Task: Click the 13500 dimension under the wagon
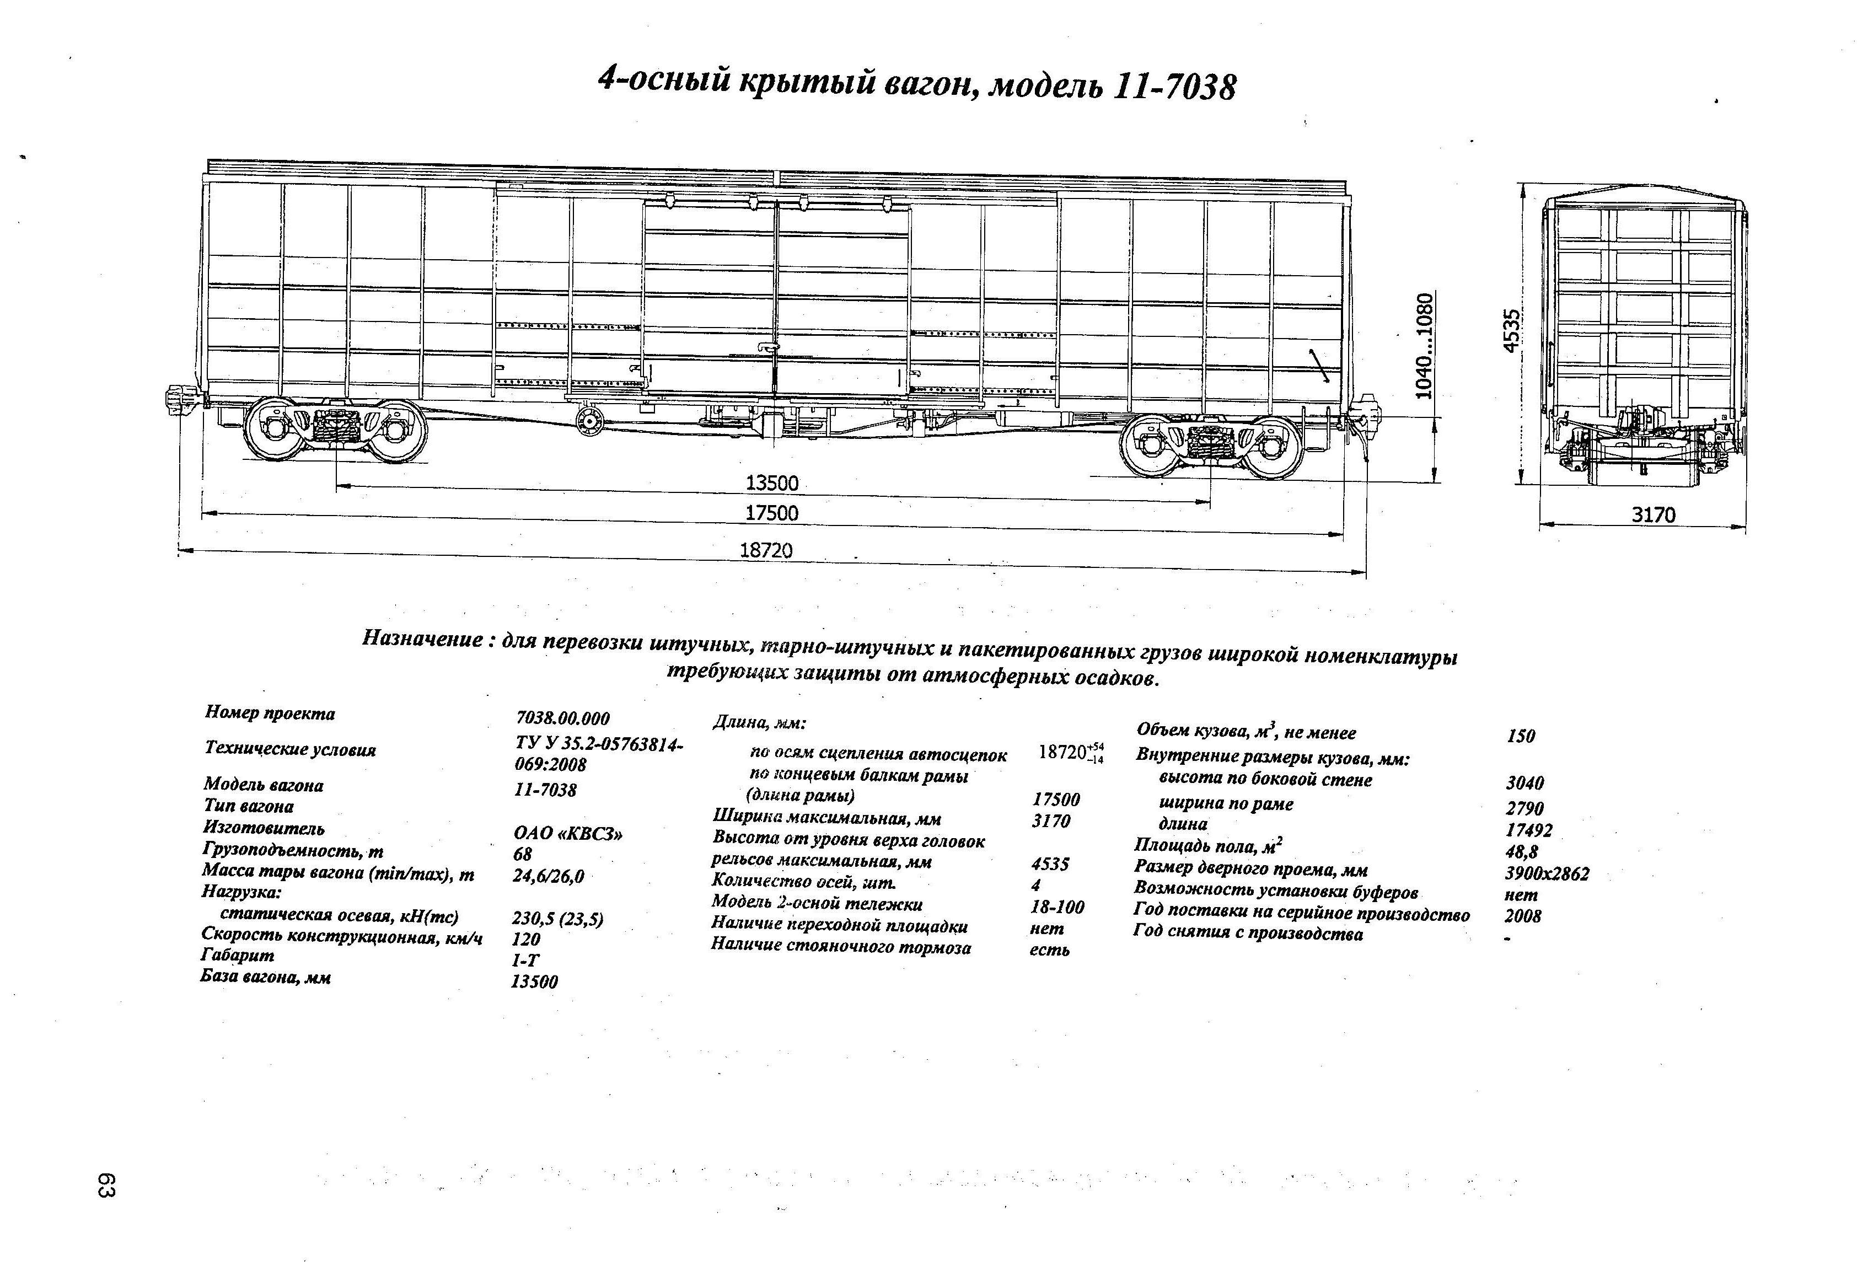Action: click(772, 483)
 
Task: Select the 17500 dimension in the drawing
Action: click(772, 513)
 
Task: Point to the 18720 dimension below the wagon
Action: click(765, 551)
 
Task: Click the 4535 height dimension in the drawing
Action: click(1512, 330)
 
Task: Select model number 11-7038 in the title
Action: click(1174, 87)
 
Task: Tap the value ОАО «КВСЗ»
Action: click(567, 834)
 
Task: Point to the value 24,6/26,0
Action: click(548, 876)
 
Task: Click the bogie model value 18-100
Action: click(1057, 906)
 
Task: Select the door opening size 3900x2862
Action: click(1547, 873)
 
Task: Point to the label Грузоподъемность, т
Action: click(293, 850)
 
